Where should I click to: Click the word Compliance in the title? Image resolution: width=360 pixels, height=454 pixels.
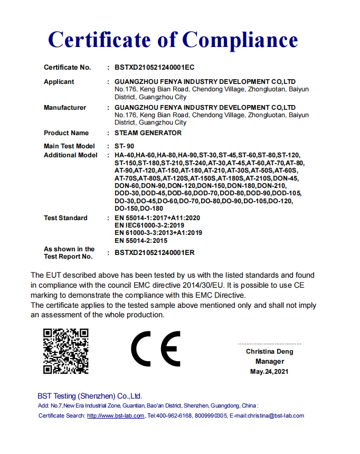click(x=240, y=40)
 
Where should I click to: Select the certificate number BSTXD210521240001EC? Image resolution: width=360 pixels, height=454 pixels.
click(x=155, y=68)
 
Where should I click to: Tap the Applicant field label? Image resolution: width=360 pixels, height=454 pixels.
click(x=59, y=82)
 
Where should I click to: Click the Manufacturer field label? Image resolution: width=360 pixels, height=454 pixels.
click(x=65, y=108)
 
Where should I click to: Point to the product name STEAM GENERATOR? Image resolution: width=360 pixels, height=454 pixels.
click(x=148, y=133)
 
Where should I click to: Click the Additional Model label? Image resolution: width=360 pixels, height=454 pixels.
click(x=71, y=155)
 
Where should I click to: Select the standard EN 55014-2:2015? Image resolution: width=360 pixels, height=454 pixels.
click(x=141, y=240)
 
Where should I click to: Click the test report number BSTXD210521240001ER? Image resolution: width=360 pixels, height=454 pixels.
click(x=155, y=253)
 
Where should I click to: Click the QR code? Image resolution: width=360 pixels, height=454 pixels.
click(x=65, y=351)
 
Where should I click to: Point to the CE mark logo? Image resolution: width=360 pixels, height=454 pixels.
click(x=156, y=349)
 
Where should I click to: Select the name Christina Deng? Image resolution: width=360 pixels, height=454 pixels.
click(x=269, y=352)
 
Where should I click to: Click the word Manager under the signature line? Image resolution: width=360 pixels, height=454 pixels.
click(x=270, y=362)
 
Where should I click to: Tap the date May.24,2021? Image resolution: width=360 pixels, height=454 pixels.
click(x=270, y=372)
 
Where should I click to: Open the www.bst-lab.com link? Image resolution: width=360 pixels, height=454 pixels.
click(x=116, y=416)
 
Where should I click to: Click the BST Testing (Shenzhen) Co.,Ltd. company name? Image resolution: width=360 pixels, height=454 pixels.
click(x=90, y=396)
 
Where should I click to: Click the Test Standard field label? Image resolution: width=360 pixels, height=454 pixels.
click(x=65, y=218)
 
